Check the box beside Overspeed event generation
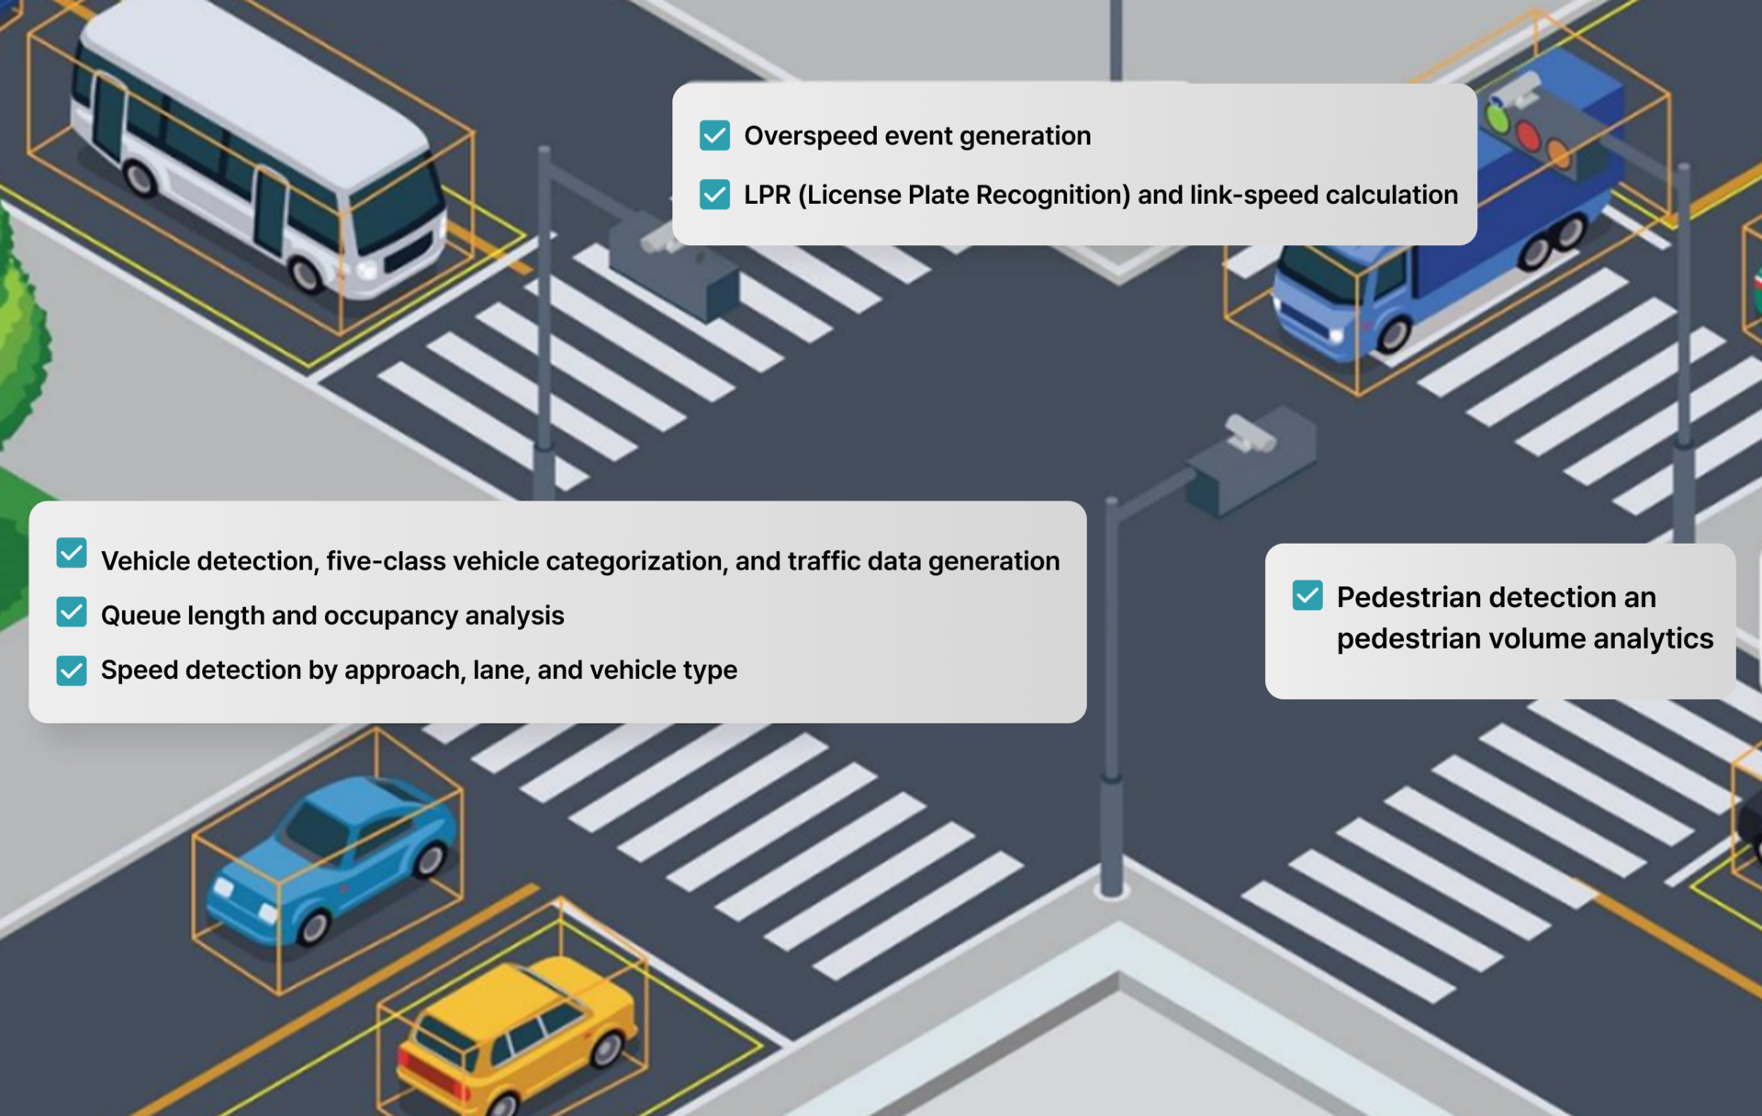click(x=714, y=135)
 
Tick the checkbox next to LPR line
click(x=714, y=194)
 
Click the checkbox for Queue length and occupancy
click(x=72, y=613)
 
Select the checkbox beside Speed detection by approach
click(x=72, y=670)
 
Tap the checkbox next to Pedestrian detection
click(x=1307, y=595)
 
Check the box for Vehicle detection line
click(x=72, y=554)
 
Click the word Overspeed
click(x=804, y=136)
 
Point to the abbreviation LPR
click(x=767, y=195)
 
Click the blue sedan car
click(x=331, y=859)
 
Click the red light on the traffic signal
click(x=1527, y=136)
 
